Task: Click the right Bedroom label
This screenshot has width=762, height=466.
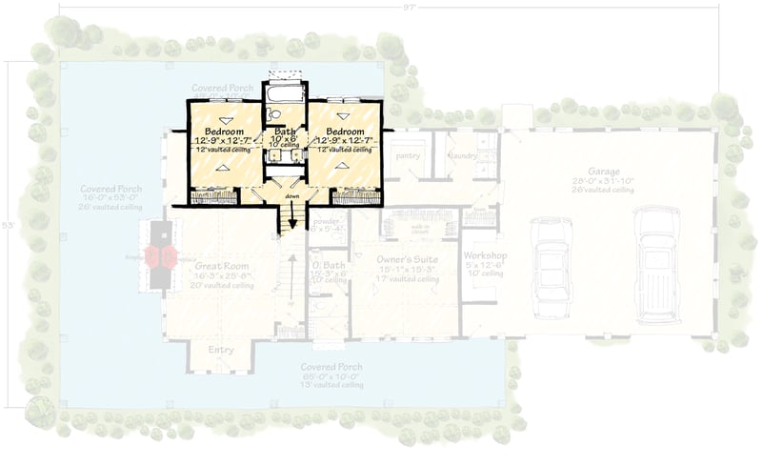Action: [345, 131]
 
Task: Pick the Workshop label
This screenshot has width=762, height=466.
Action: [484, 257]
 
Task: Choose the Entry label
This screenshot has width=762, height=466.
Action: [221, 350]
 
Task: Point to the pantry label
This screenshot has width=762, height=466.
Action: [408, 155]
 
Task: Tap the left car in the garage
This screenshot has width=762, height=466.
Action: [551, 268]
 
